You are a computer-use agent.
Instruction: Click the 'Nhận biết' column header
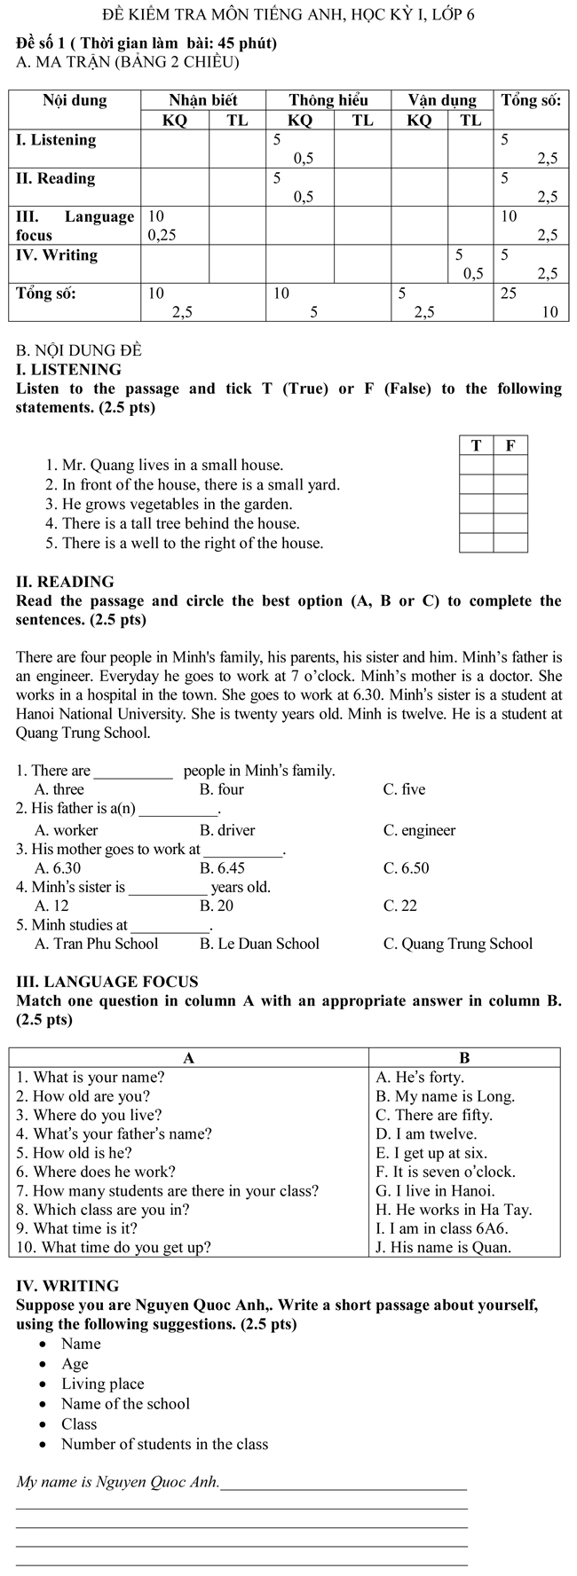tap(203, 100)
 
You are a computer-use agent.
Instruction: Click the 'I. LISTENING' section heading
tap(68, 370)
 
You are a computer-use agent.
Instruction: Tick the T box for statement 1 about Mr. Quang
tap(477, 465)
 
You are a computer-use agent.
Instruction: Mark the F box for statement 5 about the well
tap(510, 543)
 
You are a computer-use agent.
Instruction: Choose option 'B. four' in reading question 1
tap(221, 789)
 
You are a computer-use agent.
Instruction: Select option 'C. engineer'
tap(419, 830)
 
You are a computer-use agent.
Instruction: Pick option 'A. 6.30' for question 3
tap(57, 868)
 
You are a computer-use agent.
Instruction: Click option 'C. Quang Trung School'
tap(457, 944)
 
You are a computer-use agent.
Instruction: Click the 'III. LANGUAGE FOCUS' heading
tap(107, 982)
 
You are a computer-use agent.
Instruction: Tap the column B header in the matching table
tap(464, 1057)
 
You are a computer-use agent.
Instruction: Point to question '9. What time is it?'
tap(77, 1228)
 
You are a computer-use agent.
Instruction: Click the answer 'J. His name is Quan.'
tap(443, 1247)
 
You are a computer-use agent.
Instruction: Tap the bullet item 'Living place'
tap(102, 1384)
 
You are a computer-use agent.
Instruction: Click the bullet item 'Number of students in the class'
tap(164, 1444)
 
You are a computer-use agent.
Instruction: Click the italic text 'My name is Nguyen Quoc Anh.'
tap(118, 1482)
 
